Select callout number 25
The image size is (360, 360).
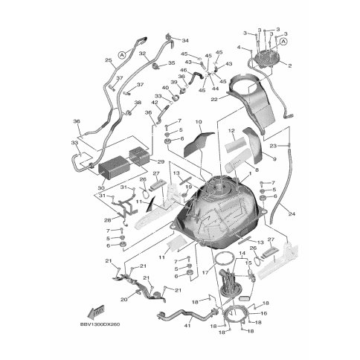pyautogui.click(x=108, y=61)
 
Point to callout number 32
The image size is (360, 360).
pyautogui.click(x=141, y=54)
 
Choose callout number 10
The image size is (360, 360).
pyautogui.click(x=198, y=121)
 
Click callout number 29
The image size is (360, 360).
pyautogui.click(x=161, y=161)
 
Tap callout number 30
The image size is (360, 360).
pyautogui.click(x=101, y=188)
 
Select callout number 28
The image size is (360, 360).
pyautogui.click(x=107, y=221)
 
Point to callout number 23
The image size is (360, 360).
pyautogui.click(x=274, y=146)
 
